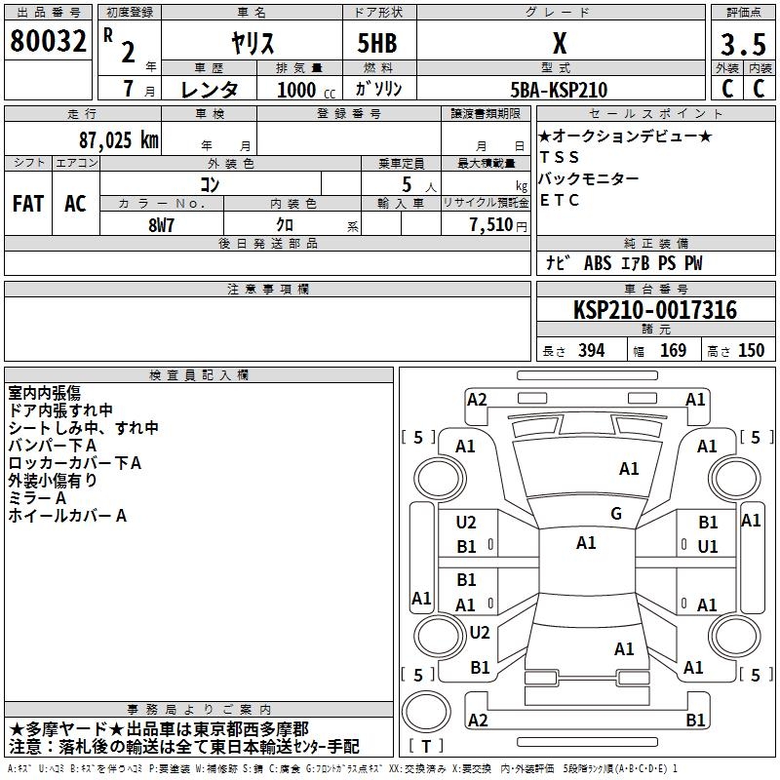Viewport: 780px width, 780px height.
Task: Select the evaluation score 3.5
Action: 741,45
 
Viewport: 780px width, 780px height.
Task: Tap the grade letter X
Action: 559,44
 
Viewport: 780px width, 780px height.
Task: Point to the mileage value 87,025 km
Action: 117,139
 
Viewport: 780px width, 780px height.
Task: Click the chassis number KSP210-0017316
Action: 654,310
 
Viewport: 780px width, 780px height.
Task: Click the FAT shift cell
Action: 27,204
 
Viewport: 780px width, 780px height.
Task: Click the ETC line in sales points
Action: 560,201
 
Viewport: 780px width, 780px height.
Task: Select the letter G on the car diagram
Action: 616,514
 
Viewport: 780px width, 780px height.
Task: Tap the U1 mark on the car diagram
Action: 708,547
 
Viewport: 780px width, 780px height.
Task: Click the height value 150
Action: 751,351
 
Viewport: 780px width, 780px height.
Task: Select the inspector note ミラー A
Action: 37,497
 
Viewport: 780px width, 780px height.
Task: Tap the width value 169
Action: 673,351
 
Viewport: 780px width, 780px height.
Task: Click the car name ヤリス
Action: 251,45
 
